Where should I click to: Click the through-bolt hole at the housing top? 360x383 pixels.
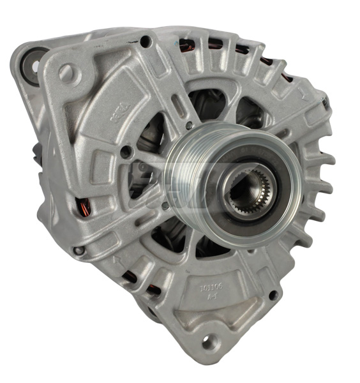click(x=146, y=43)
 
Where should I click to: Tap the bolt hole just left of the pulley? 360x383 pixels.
click(x=127, y=152)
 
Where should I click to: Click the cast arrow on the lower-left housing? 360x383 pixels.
click(x=116, y=260)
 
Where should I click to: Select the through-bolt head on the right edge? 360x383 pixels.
click(x=324, y=101)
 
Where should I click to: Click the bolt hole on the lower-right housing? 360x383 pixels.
click(x=273, y=295)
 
